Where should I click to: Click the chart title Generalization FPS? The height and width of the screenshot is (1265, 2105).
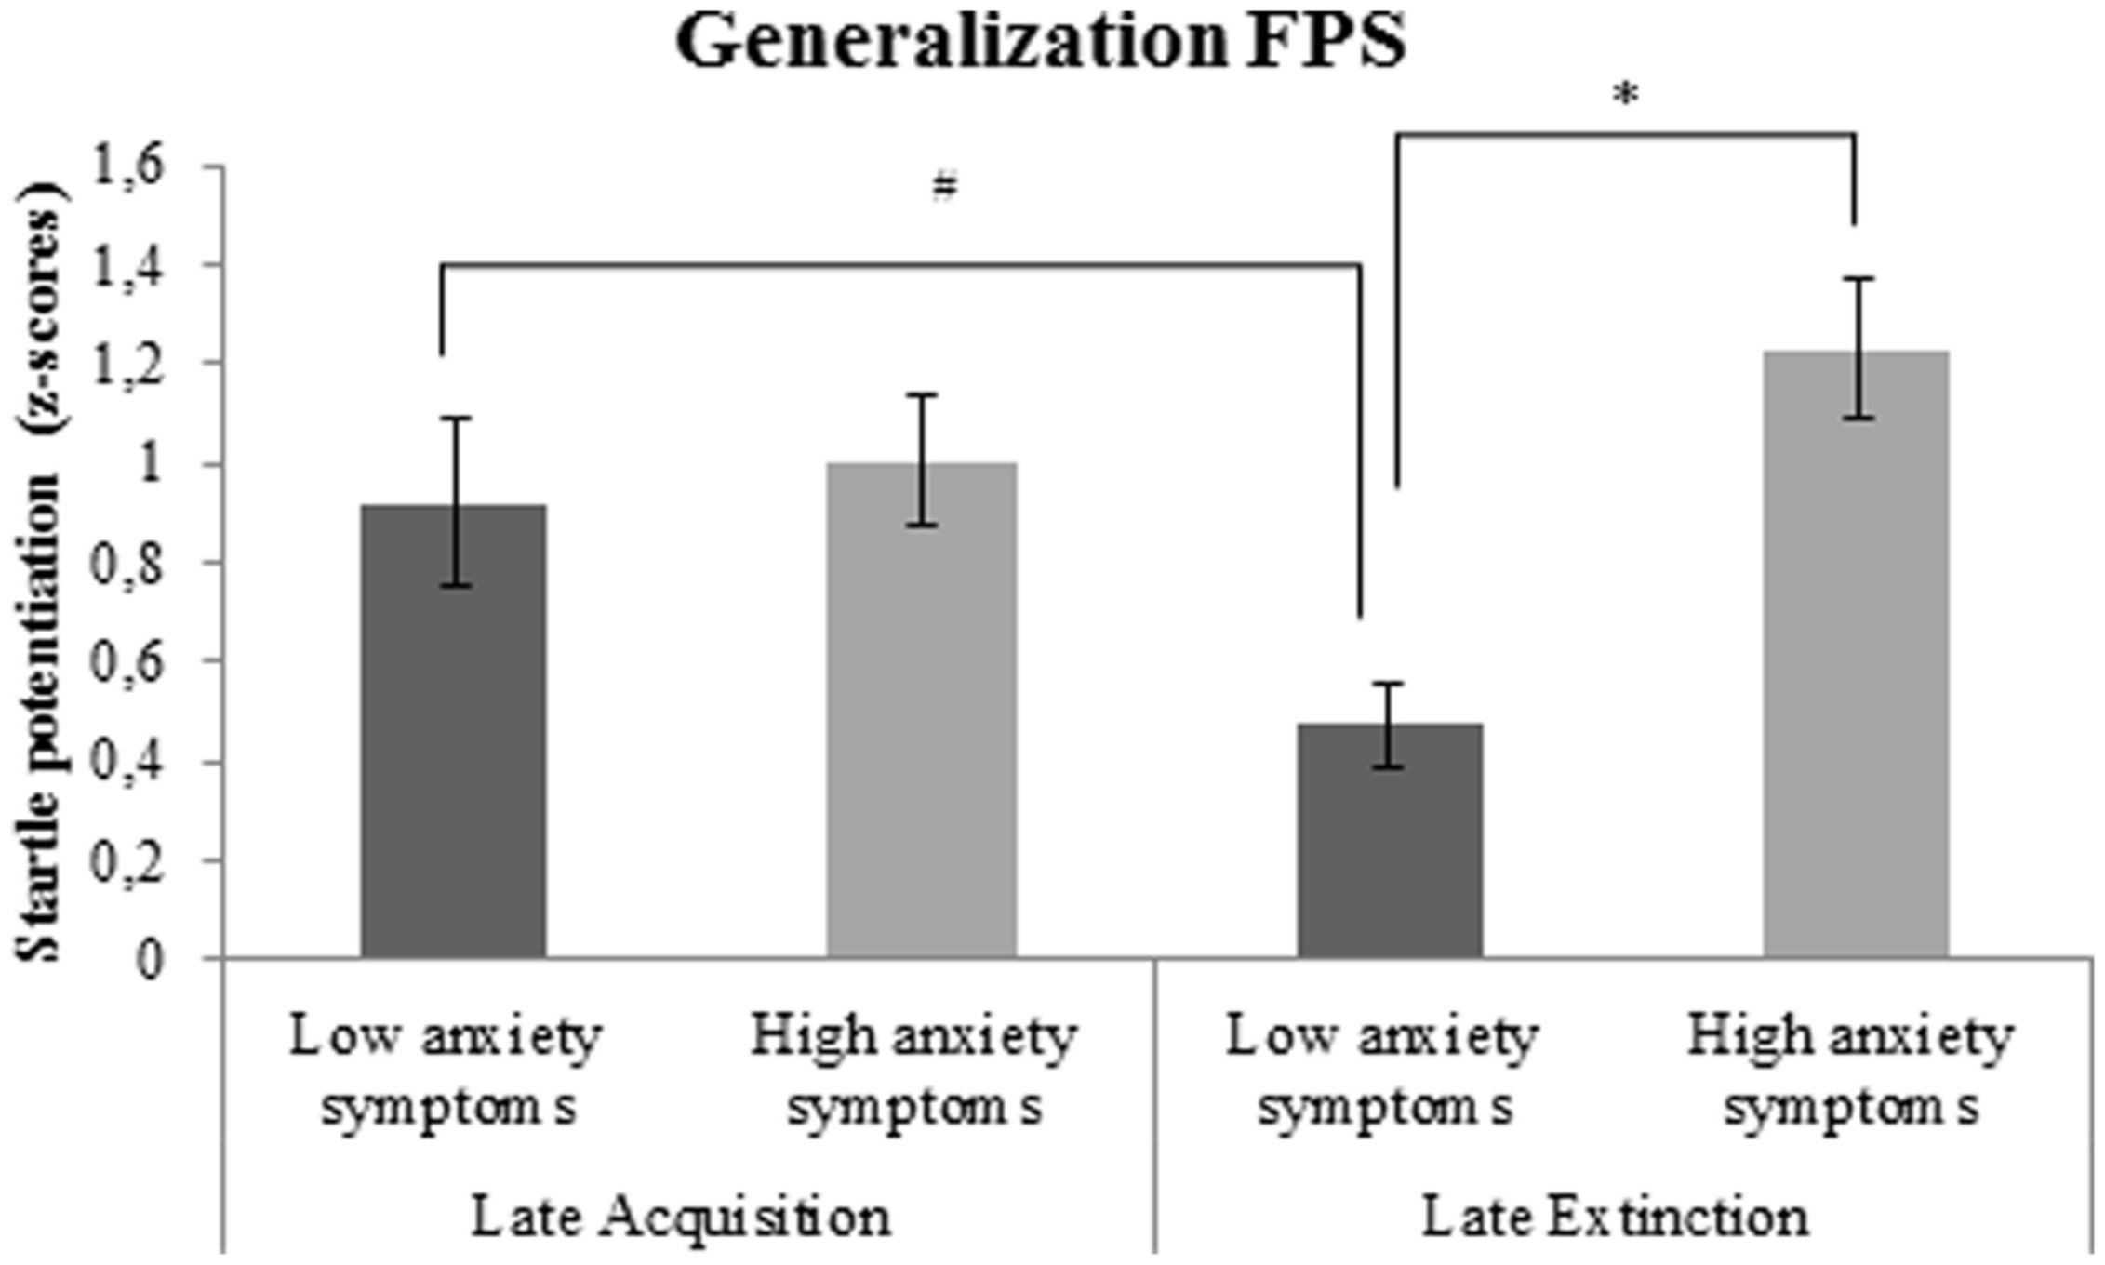click(x=1040, y=42)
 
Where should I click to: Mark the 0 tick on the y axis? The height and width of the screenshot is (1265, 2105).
click(x=149, y=960)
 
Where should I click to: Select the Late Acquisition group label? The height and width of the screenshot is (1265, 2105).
click(x=681, y=1217)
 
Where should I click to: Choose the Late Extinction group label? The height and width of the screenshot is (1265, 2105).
click(x=1616, y=1217)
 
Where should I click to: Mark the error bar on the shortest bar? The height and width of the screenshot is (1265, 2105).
click(x=1390, y=726)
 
